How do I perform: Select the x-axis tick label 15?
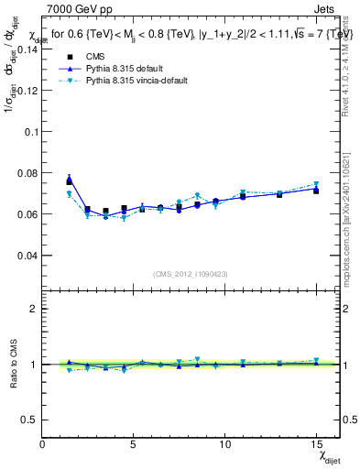point(316,444)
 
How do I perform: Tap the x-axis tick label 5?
point(134,444)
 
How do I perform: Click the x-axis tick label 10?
point(224,444)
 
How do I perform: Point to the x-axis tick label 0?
point(43,444)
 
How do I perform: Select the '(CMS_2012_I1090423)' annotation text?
point(191,273)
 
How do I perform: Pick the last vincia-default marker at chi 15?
point(316,185)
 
